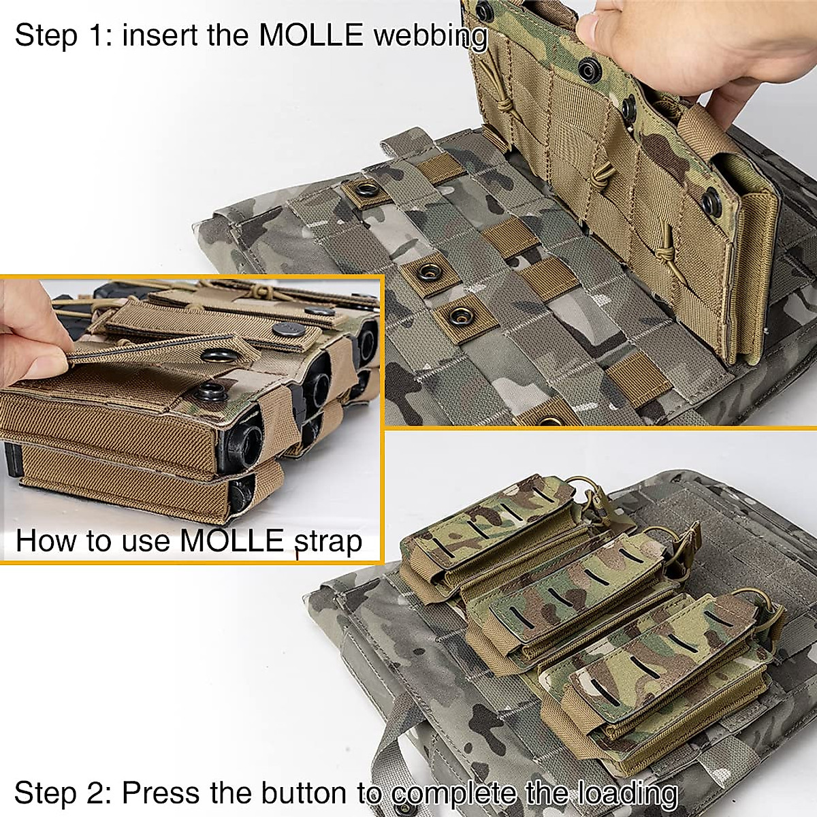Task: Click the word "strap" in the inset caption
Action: coord(327,541)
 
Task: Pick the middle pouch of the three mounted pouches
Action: coord(572,592)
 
